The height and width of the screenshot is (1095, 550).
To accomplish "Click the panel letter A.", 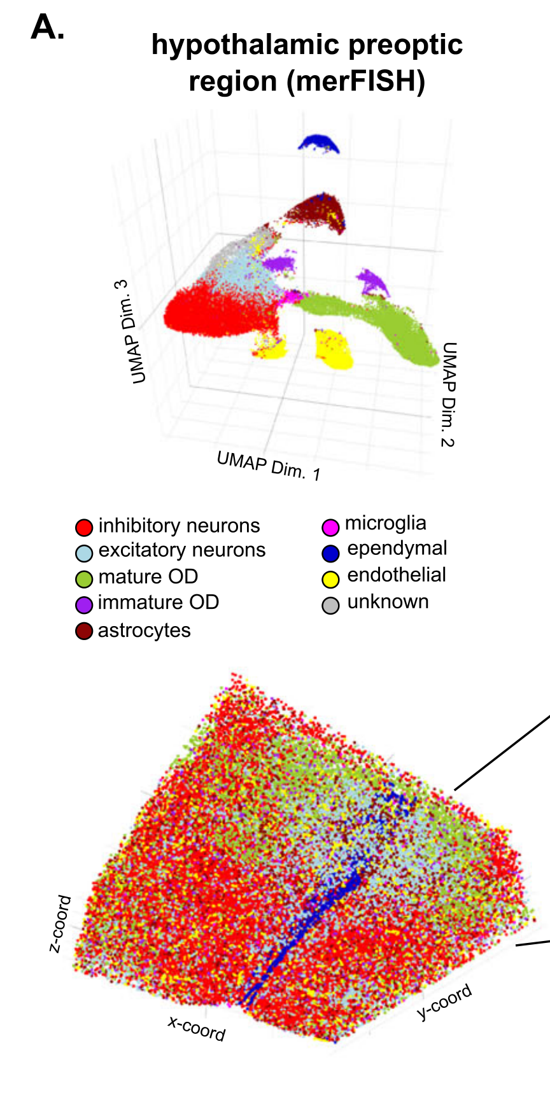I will [x=47, y=28].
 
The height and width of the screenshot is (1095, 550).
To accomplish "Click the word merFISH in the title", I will [x=356, y=81].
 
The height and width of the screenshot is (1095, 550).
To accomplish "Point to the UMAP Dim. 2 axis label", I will [x=449, y=394].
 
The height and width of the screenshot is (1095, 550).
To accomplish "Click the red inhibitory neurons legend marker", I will [x=84, y=527].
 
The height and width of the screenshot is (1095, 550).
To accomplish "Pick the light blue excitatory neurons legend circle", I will [x=84, y=552].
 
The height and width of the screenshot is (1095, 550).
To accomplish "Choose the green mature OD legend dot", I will [x=84, y=578].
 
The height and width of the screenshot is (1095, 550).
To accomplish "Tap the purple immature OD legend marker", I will [x=84, y=604].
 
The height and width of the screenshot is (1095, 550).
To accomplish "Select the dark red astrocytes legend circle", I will [x=84, y=631].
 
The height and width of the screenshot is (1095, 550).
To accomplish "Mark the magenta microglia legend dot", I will [x=330, y=527].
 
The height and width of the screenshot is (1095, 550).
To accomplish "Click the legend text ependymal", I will [x=397, y=548].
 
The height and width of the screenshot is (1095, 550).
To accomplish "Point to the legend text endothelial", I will [x=396, y=575].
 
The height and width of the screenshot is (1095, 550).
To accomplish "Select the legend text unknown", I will [x=388, y=602].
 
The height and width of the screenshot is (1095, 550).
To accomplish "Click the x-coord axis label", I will [x=197, y=1028].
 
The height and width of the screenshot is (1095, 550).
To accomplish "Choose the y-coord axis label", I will [x=445, y=1001].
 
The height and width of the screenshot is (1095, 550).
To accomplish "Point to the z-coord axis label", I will [x=60, y=924].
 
